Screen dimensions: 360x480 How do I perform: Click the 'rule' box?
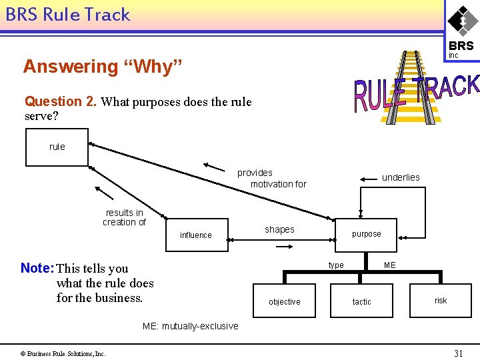point(57,147)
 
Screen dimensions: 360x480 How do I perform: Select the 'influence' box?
point(196,235)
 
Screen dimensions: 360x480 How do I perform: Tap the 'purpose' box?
point(367,234)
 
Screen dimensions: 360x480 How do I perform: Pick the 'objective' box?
point(285,301)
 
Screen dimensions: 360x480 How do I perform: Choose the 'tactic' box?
point(362,301)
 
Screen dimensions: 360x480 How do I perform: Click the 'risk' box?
point(441,300)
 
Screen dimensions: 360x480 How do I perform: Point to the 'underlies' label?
point(401,177)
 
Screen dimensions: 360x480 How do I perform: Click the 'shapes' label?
point(279,229)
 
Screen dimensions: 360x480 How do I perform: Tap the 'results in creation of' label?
point(124,217)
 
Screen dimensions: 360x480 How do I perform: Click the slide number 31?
point(458,353)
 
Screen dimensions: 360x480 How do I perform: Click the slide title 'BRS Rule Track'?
point(67,15)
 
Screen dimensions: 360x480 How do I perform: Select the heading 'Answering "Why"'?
point(102,67)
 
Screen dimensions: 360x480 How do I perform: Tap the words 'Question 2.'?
point(61,101)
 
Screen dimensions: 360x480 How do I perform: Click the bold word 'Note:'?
point(37,268)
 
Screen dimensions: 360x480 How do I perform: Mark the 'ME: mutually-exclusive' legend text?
point(190,326)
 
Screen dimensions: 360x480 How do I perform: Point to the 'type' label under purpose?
point(336,265)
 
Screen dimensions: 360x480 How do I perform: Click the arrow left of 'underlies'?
point(369,179)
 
